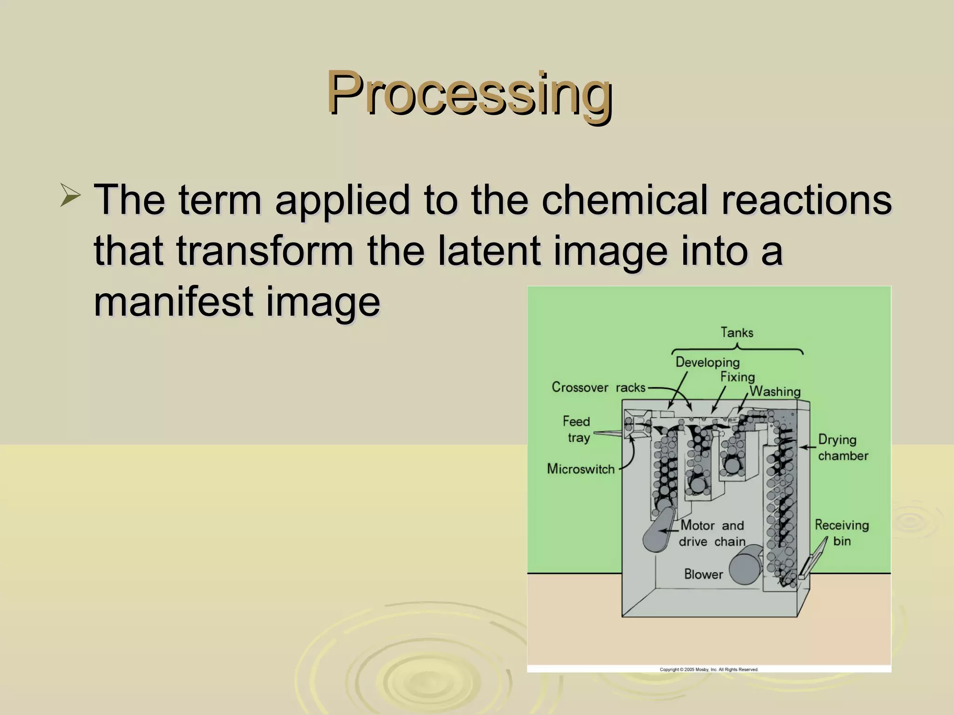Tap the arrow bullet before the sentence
click(x=71, y=196)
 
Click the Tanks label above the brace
click(x=736, y=332)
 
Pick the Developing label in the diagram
click(x=707, y=362)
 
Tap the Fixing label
click(x=737, y=377)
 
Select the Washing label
click(x=775, y=391)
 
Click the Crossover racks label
click(x=599, y=387)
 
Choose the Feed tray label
click(x=577, y=429)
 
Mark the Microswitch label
click(x=580, y=469)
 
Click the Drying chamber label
click(x=842, y=447)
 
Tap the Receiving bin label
click(x=841, y=533)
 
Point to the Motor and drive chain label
click(x=712, y=533)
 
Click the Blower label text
click(x=703, y=574)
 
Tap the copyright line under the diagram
click(x=709, y=669)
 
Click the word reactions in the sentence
click(x=806, y=200)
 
